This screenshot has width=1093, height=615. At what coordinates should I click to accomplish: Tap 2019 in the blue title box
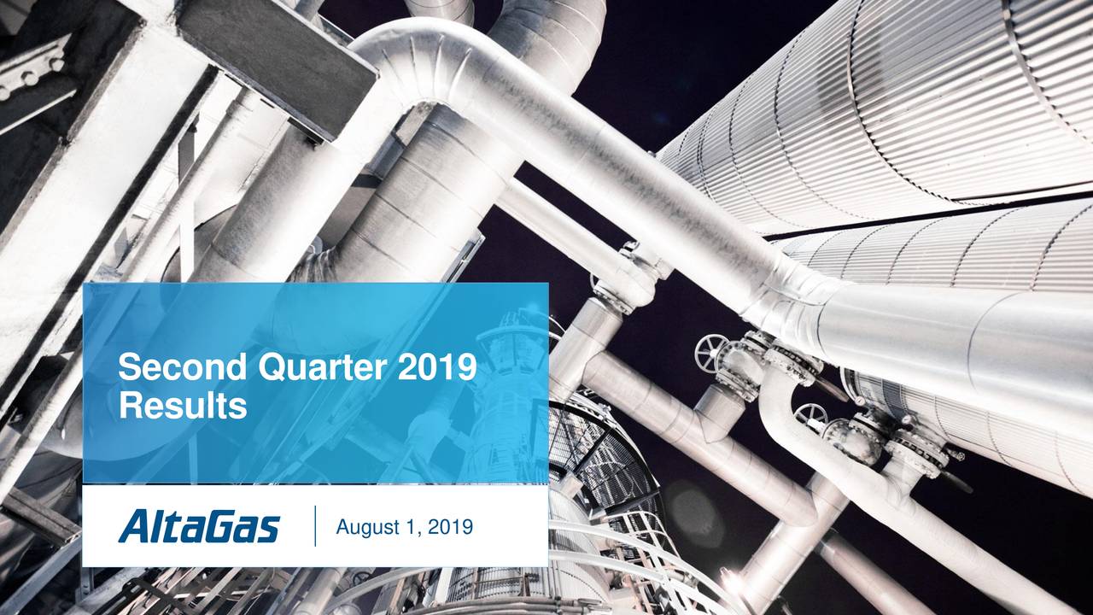[436, 369]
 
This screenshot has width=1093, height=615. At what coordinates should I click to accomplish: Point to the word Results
[183, 406]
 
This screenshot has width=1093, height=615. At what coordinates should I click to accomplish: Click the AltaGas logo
[199, 526]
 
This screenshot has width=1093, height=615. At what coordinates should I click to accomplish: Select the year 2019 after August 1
[450, 529]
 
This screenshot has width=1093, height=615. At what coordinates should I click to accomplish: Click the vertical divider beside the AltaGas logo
[315, 525]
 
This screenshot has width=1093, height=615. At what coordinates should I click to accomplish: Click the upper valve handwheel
[711, 351]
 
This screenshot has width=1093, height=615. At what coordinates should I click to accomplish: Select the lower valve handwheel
[810, 416]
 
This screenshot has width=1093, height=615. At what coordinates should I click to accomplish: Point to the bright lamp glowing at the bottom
[733, 582]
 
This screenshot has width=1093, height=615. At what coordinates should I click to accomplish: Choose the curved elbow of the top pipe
[410, 60]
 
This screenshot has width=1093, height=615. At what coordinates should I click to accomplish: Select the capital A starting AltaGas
[135, 526]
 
